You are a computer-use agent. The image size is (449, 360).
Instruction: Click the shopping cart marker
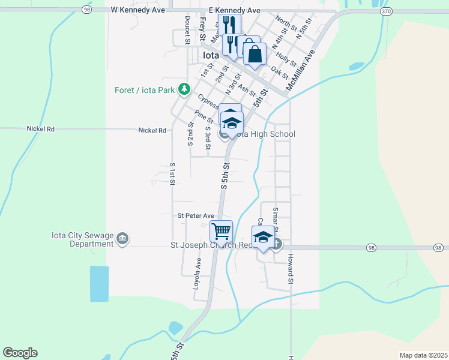(x=221, y=231)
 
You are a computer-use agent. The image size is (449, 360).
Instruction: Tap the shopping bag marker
(x=255, y=53)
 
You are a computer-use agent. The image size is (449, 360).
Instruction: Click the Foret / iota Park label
(x=145, y=91)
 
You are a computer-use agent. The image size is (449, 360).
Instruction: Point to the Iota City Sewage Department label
(x=83, y=239)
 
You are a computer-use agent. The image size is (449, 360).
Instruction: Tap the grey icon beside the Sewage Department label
(x=122, y=239)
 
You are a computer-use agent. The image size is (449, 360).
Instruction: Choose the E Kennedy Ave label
(x=235, y=10)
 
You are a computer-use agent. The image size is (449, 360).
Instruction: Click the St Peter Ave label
(x=196, y=216)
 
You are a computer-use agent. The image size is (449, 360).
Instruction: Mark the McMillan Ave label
(x=301, y=70)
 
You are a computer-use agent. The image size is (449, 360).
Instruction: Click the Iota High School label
(x=265, y=134)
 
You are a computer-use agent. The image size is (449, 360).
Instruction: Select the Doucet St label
(x=188, y=30)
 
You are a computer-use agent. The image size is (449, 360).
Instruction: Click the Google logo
(x=20, y=353)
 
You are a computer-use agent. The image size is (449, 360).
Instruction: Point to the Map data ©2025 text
(x=423, y=355)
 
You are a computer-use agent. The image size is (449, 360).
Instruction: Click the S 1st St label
(x=172, y=173)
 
